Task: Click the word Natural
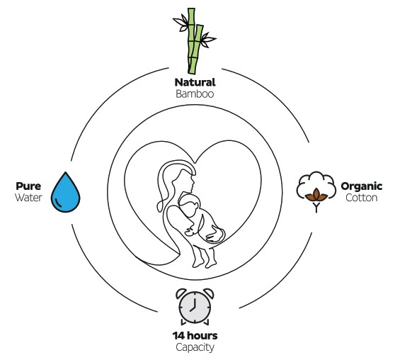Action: (195, 82)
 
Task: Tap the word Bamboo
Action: (195, 94)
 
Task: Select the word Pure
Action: (28, 186)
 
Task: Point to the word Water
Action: (28, 198)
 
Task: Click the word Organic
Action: (362, 186)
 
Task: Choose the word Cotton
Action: (362, 198)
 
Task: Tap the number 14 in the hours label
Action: (178, 336)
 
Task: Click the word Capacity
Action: (195, 347)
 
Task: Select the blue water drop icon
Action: (66, 193)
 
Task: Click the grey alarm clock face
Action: (195, 308)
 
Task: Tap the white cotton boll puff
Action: (316, 183)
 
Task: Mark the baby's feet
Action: (204, 262)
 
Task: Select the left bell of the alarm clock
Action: (181, 293)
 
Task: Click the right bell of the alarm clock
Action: (208, 293)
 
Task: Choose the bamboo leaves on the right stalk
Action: (208, 40)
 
